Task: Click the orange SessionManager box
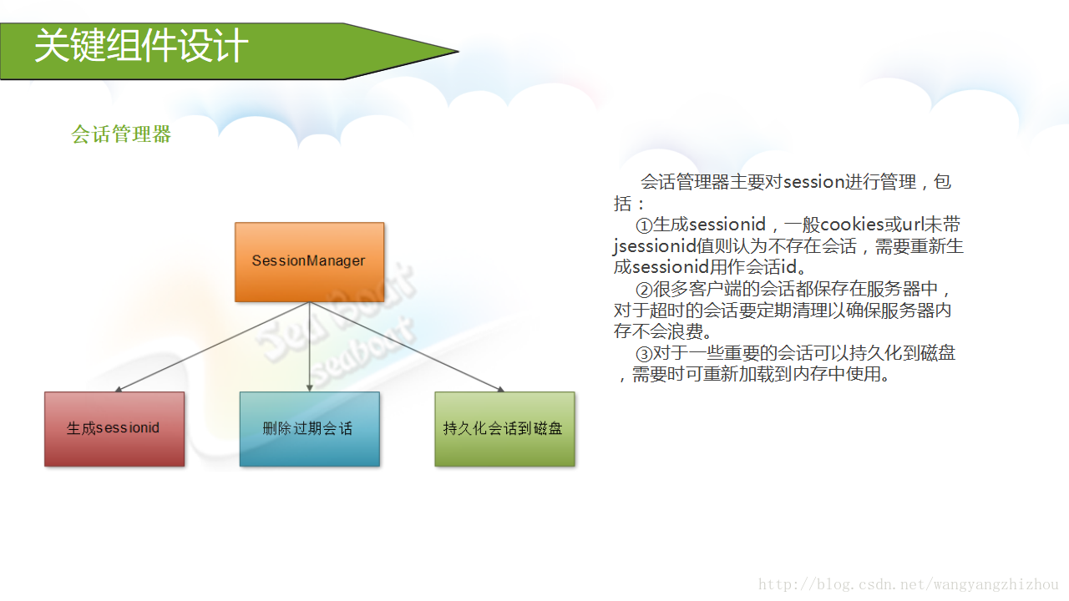(309, 261)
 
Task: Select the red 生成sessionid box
(114, 429)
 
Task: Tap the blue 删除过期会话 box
(309, 429)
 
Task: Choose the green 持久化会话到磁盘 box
(504, 429)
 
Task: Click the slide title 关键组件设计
(141, 46)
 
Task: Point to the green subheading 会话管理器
(121, 134)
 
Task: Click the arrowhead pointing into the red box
(119, 389)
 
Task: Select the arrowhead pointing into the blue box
(310, 388)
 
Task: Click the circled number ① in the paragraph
(643, 225)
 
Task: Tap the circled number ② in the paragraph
(643, 290)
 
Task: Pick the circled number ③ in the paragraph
(643, 354)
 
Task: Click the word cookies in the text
(853, 225)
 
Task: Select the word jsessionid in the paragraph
(655, 247)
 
